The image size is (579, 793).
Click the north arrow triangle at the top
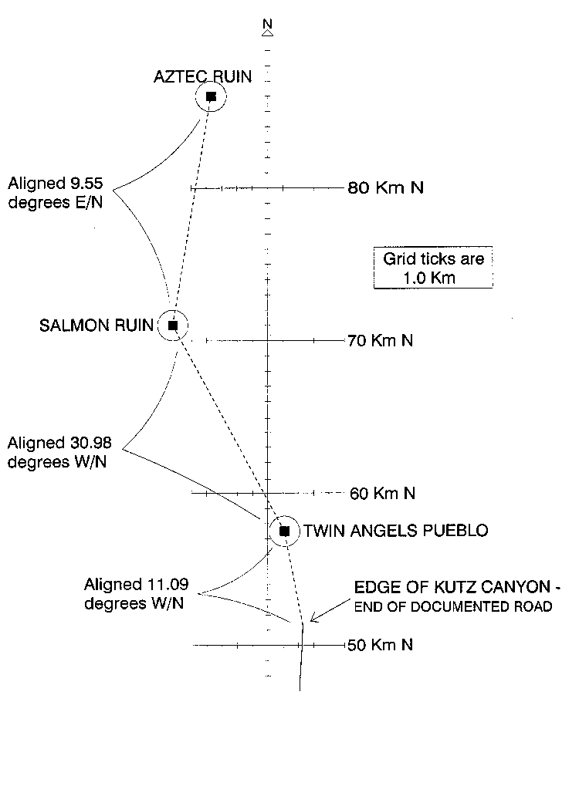tap(268, 33)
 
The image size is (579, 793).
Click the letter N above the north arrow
tap(268, 24)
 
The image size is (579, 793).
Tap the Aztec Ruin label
tap(202, 76)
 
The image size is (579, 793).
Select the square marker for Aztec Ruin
tap(211, 96)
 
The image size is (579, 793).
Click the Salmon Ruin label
tap(96, 325)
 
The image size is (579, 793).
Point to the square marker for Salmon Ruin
tap(173, 326)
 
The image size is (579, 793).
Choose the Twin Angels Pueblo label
tap(396, 531)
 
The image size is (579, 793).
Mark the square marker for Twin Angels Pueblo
tap(284, 531)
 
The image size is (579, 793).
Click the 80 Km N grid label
tap(386, 187)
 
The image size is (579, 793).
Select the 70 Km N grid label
tap(380, 340)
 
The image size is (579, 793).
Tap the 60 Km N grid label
tap(383, 493)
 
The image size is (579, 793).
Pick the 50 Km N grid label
tap(380, 645)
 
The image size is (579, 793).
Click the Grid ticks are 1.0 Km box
tap(433, 268)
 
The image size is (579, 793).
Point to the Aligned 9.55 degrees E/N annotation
tap(56, 192)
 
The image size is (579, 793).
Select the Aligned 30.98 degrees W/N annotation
tap(59, 452)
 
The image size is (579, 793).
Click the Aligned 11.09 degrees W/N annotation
tap(136, 594)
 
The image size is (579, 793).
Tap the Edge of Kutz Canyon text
tap(457, 587)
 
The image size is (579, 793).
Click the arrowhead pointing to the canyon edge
tap(313, 618)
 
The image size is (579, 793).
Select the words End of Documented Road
tap(453, 606)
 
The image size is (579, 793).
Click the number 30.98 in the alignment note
tap(90, 443)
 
